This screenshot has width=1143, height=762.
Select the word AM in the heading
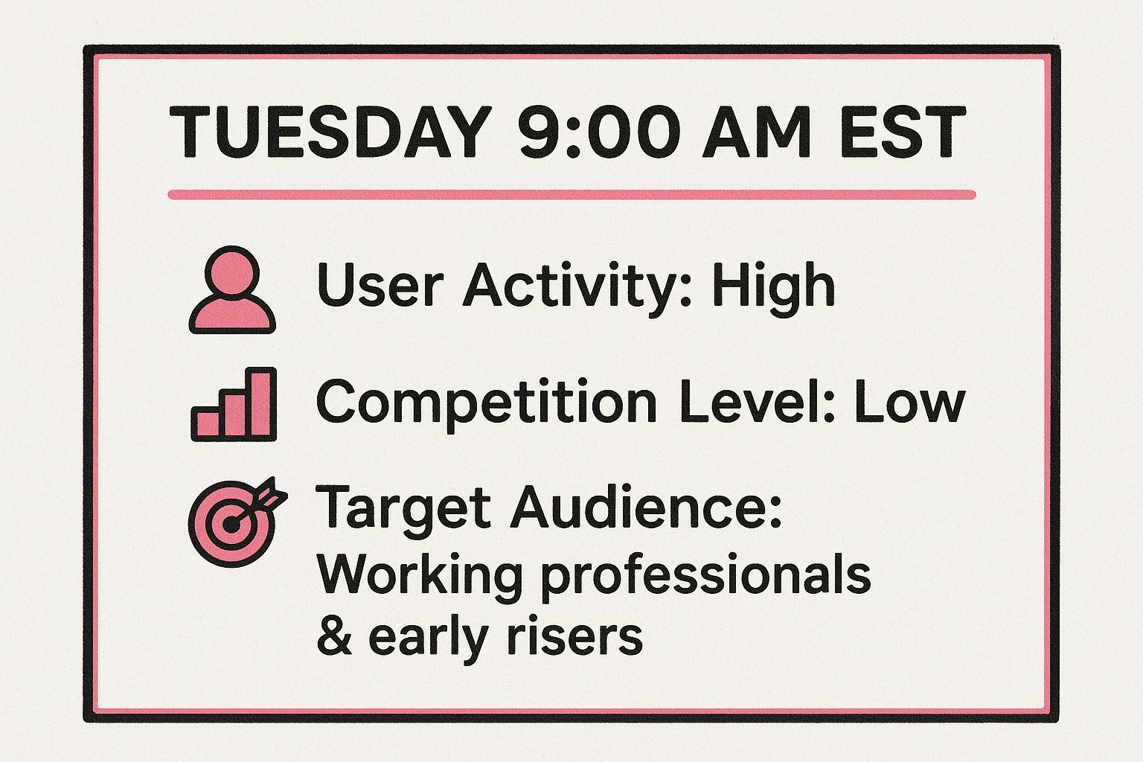(756, 133)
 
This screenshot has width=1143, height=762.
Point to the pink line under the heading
(571, 195)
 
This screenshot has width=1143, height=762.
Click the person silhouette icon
(232, 290)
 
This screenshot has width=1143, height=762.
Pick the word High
(773, 286)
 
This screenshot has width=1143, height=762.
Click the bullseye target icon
(234, 521)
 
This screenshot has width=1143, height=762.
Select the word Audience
(646, 508)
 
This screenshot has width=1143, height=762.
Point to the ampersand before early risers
(334, 637)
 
